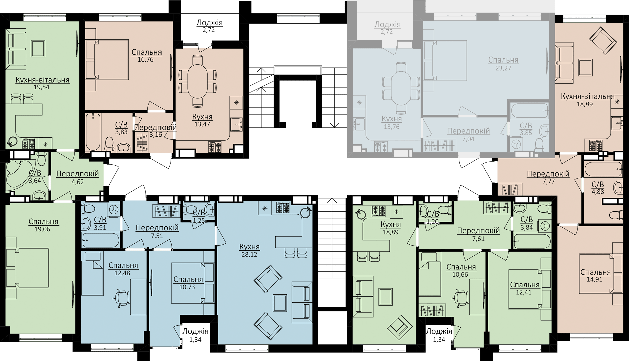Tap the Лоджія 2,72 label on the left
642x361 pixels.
tap(210, 26)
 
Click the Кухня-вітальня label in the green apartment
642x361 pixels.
tap(42, 80)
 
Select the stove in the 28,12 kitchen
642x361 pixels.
tap(283, 208)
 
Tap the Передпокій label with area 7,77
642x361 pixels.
tap(548, 174)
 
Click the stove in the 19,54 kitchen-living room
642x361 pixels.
tap(29, 143)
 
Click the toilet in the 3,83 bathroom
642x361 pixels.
tap(109, 144)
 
